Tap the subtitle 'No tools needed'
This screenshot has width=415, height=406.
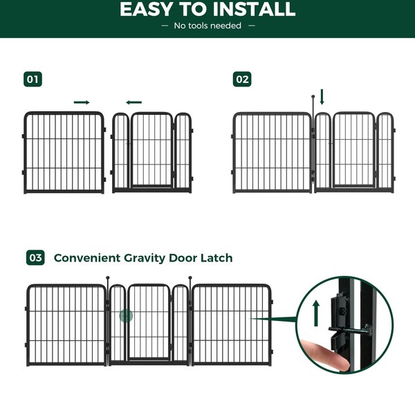click(x=207, y=26)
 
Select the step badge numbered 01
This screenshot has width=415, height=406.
click(x=33, y=79)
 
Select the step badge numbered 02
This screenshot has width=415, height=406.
click(x=242, y=79)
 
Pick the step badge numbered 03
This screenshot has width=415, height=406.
click(x=35, y=258)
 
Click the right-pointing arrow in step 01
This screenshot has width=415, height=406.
click(x=82, y=102)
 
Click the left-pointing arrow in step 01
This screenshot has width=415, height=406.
click(x=134, y=102)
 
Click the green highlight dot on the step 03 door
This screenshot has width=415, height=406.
click(x=125, y=316)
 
